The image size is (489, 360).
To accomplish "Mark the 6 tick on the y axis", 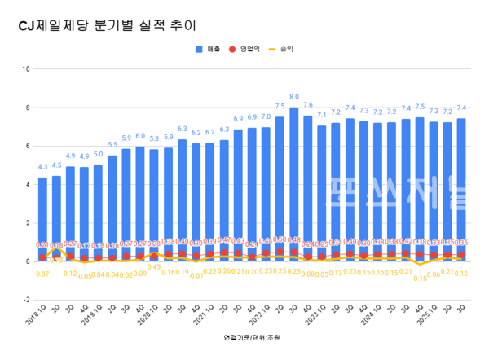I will (x=28, y=146).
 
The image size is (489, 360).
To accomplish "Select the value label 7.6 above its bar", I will (x=308, y=105).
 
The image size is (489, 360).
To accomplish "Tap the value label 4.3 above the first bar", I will (x=42, y=168).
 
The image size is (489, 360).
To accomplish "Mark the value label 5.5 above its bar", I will (x=112, y=145).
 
